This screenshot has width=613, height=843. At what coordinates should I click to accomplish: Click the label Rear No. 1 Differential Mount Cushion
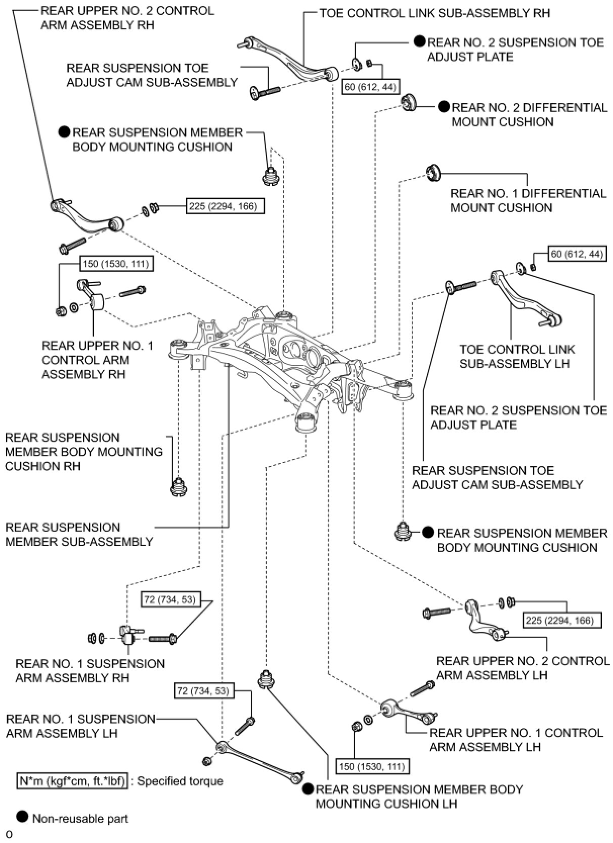[528, 201]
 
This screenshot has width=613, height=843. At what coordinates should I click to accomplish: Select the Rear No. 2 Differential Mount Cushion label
[529, 115]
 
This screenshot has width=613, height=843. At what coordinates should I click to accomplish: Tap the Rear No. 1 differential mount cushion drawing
[433, 172]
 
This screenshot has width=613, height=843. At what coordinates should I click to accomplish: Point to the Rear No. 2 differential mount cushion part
[408, 102]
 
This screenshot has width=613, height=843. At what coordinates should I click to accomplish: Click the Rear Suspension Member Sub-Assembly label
[79, 534]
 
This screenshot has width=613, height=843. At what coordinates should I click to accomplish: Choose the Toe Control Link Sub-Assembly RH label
[434, 13]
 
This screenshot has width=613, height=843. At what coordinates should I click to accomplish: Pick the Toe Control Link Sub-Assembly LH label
[517, 356]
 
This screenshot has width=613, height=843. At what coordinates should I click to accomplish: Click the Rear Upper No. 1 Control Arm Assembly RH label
[97, 360]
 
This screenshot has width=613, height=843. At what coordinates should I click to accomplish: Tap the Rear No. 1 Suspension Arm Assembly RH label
[90, 671]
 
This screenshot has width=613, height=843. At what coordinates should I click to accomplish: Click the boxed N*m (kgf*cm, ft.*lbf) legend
[72, 781]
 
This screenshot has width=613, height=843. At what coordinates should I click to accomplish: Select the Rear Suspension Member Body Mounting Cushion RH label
[83, 451]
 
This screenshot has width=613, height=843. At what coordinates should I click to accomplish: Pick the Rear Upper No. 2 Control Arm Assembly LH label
[522, 668]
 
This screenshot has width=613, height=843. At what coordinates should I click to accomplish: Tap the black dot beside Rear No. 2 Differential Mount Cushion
[444, 107]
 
